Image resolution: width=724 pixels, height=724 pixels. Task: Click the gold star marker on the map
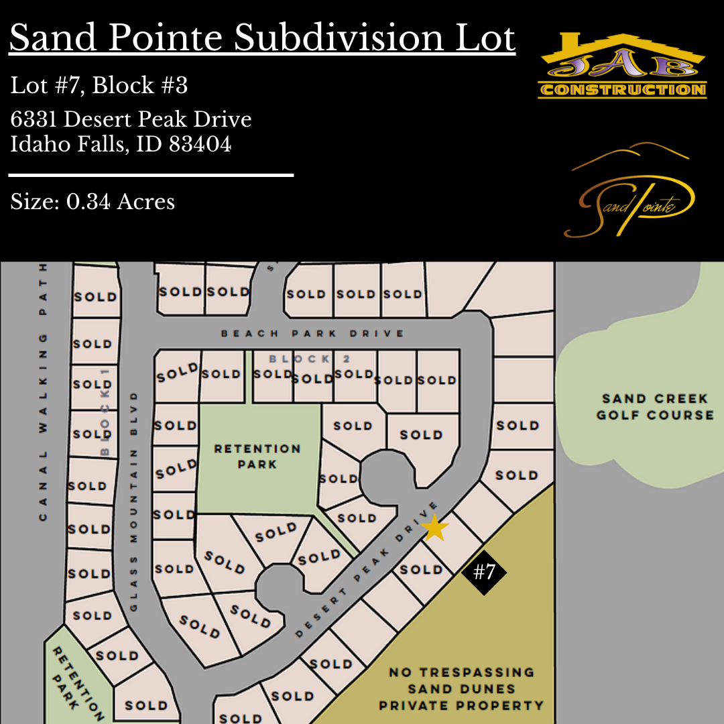tap(435, 528)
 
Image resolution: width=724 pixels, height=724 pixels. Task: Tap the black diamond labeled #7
tap(484, 572)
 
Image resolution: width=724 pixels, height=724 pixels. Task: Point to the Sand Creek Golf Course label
tap(655, 407)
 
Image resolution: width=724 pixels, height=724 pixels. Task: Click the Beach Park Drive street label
tap(312, 333)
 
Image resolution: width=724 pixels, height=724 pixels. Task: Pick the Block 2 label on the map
tap(300, 359)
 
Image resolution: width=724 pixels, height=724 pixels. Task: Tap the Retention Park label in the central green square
tap(257, 456)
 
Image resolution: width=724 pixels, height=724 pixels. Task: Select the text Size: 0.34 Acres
tap(93, 201)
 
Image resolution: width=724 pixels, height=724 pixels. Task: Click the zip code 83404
tap(200, 144)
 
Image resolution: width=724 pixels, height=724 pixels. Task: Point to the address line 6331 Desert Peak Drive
tap(131, 119)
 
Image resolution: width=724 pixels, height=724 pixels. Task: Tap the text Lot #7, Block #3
tap(99, 86)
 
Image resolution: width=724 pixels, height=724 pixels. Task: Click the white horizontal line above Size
tap(151, 175)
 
